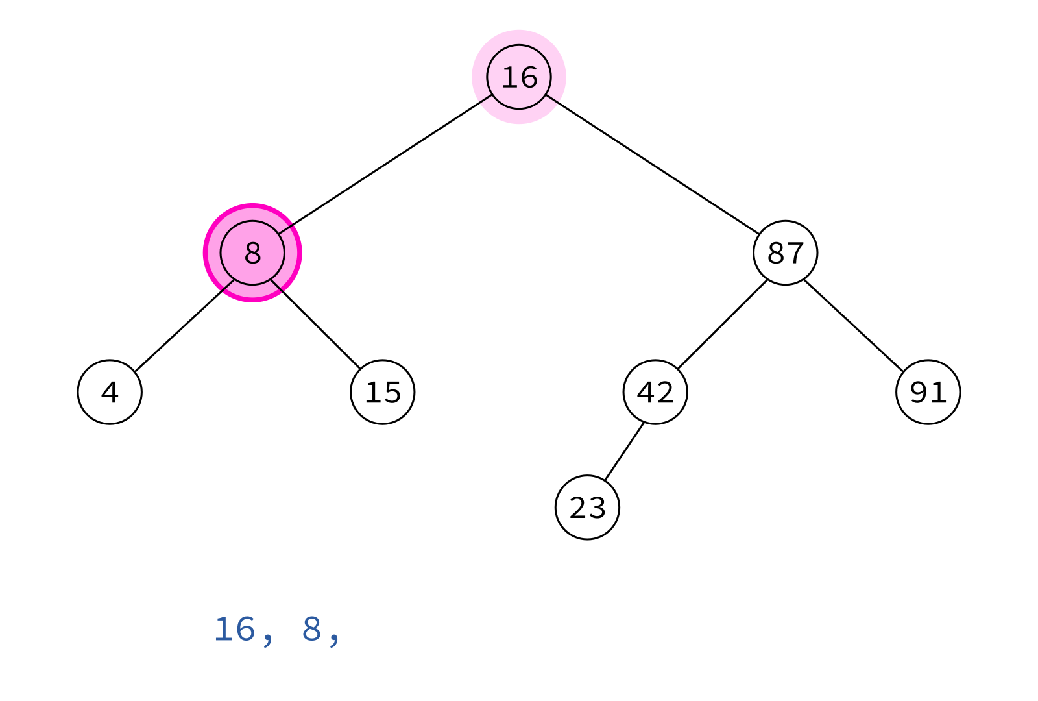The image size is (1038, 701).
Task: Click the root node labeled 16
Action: point(519,77)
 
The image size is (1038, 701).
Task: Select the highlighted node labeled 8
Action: point(252,252)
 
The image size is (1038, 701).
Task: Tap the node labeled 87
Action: point(786,252)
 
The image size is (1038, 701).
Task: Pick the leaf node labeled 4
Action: point(110,392)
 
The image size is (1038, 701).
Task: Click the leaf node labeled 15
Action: point(383,392)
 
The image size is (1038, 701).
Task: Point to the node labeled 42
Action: point(655,392)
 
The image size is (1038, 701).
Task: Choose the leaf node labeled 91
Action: point(928,392)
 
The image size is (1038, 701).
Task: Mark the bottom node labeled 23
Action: point(588,508)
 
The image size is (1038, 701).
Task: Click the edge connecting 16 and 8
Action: point(385,165)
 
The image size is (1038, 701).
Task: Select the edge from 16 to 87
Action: point(653,165)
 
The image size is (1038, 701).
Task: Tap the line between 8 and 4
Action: point(184,325)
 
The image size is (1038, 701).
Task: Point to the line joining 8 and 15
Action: point(315,325)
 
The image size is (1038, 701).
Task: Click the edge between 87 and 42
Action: point(723,325)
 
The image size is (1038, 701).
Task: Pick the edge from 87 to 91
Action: point(854,325)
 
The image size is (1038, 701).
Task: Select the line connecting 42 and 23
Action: point(624,452)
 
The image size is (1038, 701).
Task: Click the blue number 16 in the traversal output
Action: point(234,630)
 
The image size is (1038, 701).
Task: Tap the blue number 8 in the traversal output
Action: point(312,630)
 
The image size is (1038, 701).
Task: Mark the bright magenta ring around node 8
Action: point(252,205)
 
